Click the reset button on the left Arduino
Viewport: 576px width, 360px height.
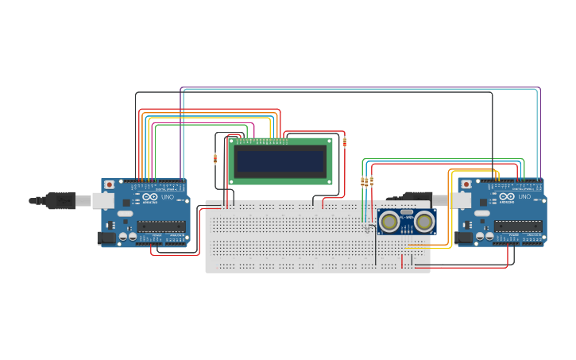tap(109, 184)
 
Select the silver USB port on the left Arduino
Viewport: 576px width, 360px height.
tap(103, 200)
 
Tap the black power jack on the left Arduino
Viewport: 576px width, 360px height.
tap(104, 237)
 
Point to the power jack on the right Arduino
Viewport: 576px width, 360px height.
tap(462, 237)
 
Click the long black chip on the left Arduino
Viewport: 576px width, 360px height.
tap(161, 226)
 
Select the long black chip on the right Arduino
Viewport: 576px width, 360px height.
tap(518, 226)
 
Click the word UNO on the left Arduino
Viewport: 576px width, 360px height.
tap(168, 197)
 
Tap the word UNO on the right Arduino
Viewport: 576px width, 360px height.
tap(525, 197)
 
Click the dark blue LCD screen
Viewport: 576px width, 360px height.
tap(280, 161)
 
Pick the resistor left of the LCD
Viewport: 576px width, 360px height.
tap(215, 158)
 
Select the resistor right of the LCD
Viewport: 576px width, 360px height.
tap(344, 142)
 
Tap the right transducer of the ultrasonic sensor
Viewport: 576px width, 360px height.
tap(423, 222)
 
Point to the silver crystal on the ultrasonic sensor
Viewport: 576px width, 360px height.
tap(407, 212)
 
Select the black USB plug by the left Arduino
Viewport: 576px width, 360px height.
tap(60, 200)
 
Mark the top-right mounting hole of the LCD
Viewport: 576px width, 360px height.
tap(328, 141)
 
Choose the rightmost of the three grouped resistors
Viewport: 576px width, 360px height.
tap(371, 182)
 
